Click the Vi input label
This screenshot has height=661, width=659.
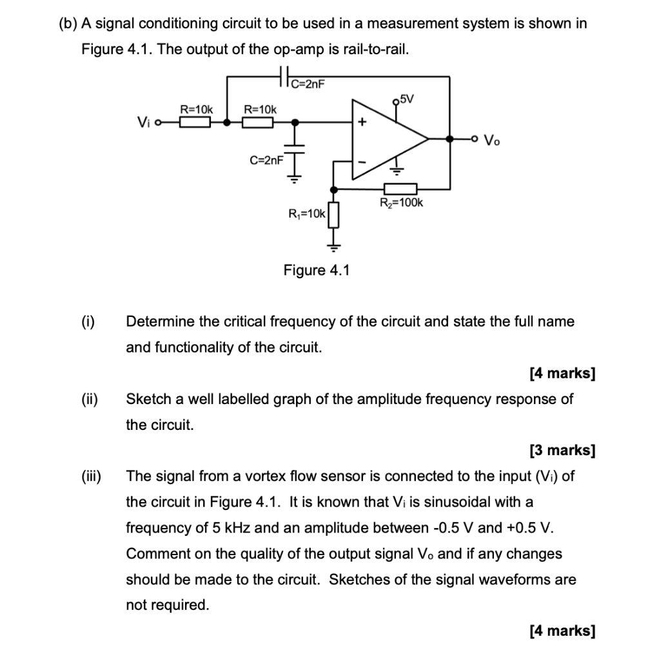143,121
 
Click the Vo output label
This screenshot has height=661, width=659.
491,139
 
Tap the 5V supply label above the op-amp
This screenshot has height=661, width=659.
407,99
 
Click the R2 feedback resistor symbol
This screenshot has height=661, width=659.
400,188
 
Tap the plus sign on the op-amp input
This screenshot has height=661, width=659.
362,121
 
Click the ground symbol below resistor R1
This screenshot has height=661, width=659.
334,245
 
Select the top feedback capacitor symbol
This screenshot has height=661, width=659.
284,77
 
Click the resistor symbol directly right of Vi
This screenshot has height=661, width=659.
195,121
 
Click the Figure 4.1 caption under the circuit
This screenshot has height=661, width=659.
316,270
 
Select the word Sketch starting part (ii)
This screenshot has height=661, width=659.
148,399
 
